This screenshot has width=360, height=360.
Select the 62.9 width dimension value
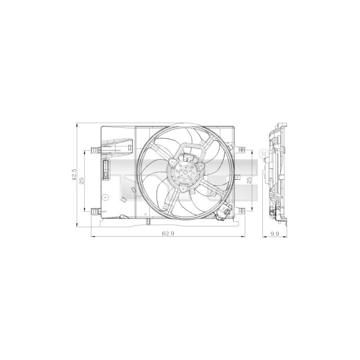(167, 233)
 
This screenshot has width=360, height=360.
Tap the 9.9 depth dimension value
(275, 233)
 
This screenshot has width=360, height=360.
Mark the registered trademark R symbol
(264, 154)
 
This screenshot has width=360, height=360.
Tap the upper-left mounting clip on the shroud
(94, 149)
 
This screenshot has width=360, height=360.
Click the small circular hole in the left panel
(104, 197)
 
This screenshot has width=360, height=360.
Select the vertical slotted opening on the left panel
(106, 169)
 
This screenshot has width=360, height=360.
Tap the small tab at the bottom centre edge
(148, 221)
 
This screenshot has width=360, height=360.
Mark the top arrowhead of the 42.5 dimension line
(78, 124)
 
